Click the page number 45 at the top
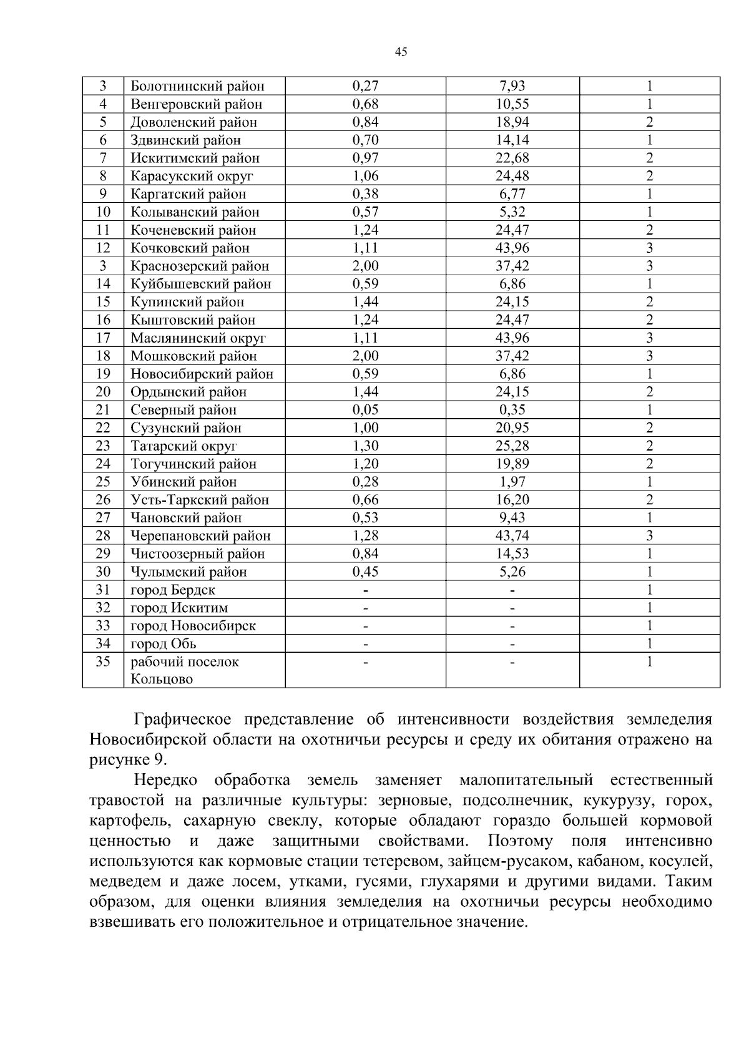tap(401, 52)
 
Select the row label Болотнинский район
tap(197, 86)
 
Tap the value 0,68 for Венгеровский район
tap(365, 104)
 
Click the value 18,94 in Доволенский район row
tap(512, 122)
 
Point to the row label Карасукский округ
tap(192, 176)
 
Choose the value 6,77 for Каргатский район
tap(512, 194)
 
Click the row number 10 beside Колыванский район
tap(103, 212)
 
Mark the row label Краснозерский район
tap(200, 266)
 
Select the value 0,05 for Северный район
tap(365, 410)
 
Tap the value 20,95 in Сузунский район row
tap(512, 428)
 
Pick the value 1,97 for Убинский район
tap(512, 482)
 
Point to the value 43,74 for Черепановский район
tap(512, 535)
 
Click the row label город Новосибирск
tap(193, 625)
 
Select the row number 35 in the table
tap(103, 661)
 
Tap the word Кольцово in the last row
tap(161, 679)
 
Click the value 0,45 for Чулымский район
tap(365, 572)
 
